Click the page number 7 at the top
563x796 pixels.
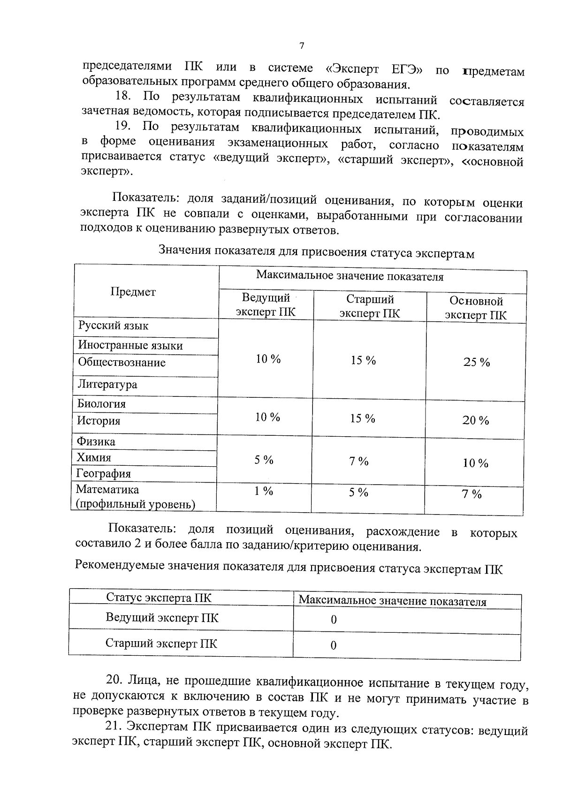[x=301, y=46]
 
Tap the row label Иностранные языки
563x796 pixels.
[x=130, y=346]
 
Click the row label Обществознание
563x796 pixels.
[x=122, y=363]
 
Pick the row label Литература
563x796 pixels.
[x=107, y=385]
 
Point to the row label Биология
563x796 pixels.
[x=101, y=404]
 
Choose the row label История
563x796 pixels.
[x=99, y=421]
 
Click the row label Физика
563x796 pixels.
[x=96, y=442]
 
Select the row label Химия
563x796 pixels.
[x=94, y=458]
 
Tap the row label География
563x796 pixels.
[x=104, y=474]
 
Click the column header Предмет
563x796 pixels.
[x=133, y=292]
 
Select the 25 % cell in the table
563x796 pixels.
[x=476, y=362]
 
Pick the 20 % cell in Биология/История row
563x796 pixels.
[x=476, y=420]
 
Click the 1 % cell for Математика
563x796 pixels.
[x=264, y=491]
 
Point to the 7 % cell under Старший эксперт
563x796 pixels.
[x=358, y=462]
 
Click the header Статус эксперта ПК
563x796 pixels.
[x=159, y=598]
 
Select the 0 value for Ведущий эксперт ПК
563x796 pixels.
[x=334, y=620]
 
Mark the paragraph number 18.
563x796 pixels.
[x=123, y=97]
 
